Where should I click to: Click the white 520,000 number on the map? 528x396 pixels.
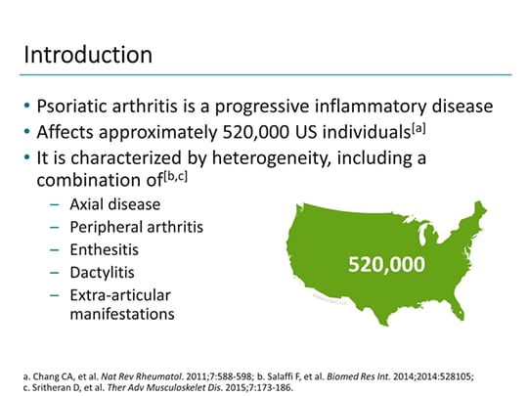(387, 263)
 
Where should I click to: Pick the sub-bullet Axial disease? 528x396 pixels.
(115, 204)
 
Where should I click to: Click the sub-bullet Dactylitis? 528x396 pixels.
(103, 272)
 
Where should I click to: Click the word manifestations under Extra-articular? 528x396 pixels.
(122, 314)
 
